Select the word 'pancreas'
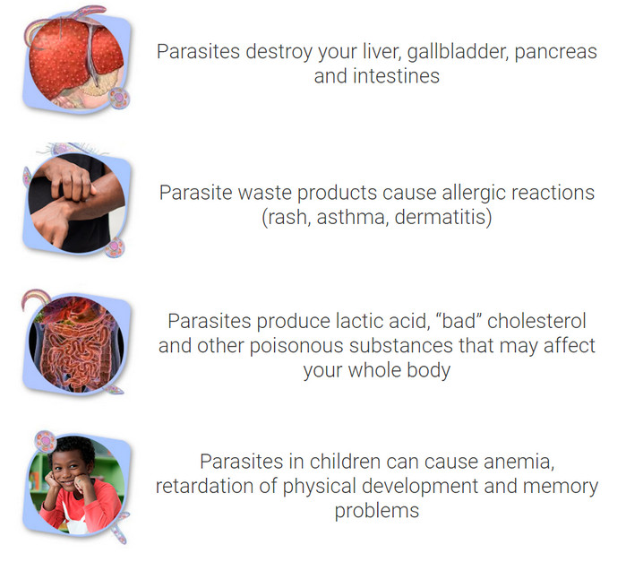(x=556, y=53)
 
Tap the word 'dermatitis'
(x=441, y=217)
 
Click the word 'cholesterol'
(x=536, y=321)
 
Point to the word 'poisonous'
(x=296, y=346)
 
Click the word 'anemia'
(x=519, y=463)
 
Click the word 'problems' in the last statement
(x=377, y=511)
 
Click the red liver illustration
(x=76, y=59)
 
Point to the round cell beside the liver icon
(x=119, y=99)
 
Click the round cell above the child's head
(x=45, y=441)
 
